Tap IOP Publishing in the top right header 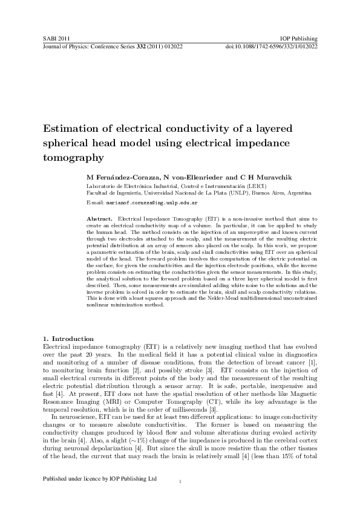(x=299, y=38)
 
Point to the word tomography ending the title (x=70, y=158)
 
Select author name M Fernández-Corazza (x=122, y=177)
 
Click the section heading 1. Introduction (x=68, y=338)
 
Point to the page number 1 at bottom (x=180, y=499)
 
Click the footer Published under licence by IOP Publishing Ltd (x=100, y=495)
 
